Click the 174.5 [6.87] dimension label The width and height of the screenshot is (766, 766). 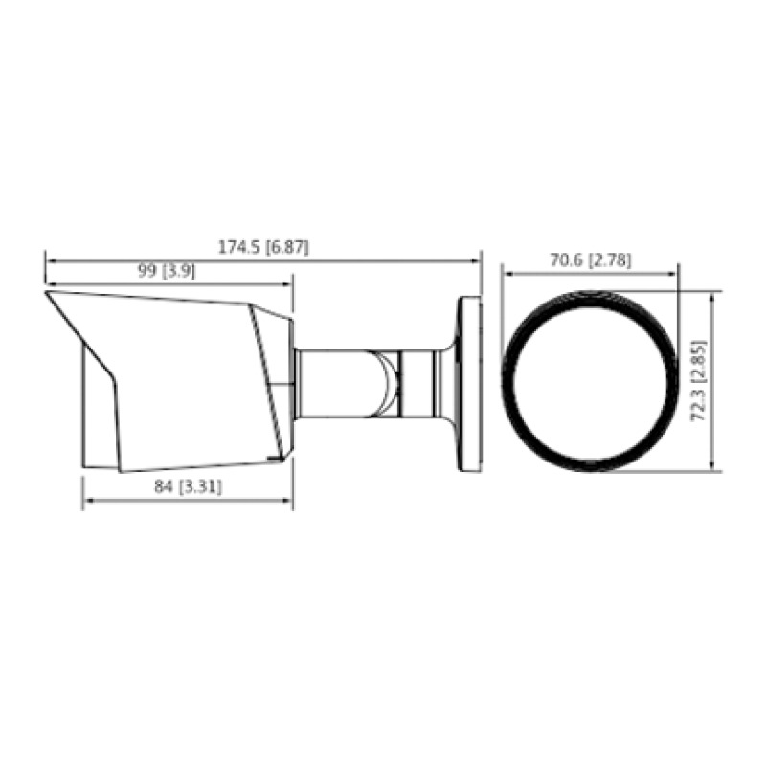coord(263,247)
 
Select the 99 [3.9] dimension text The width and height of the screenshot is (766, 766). coord(167,271)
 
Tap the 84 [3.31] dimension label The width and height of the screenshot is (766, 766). coord(189,487)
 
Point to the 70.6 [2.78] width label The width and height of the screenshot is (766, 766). coord(591,260)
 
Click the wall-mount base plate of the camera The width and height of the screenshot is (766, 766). coord(469,383)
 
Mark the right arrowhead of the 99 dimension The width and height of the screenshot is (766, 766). coord(289,283)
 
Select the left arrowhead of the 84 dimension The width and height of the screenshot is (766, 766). coord(86,500)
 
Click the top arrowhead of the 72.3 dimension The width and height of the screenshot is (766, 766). coord(713,296)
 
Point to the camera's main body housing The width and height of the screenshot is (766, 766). coord(182,383)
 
